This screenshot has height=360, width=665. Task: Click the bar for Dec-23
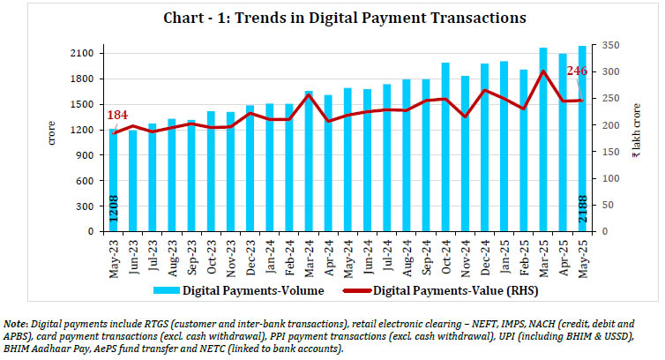click(250, 169)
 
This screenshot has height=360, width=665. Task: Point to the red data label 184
click(116, 116)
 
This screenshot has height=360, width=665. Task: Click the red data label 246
click(577, 71)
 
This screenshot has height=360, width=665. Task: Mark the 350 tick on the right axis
click(609, 45)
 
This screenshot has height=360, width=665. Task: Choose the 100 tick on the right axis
click(609, 178)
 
